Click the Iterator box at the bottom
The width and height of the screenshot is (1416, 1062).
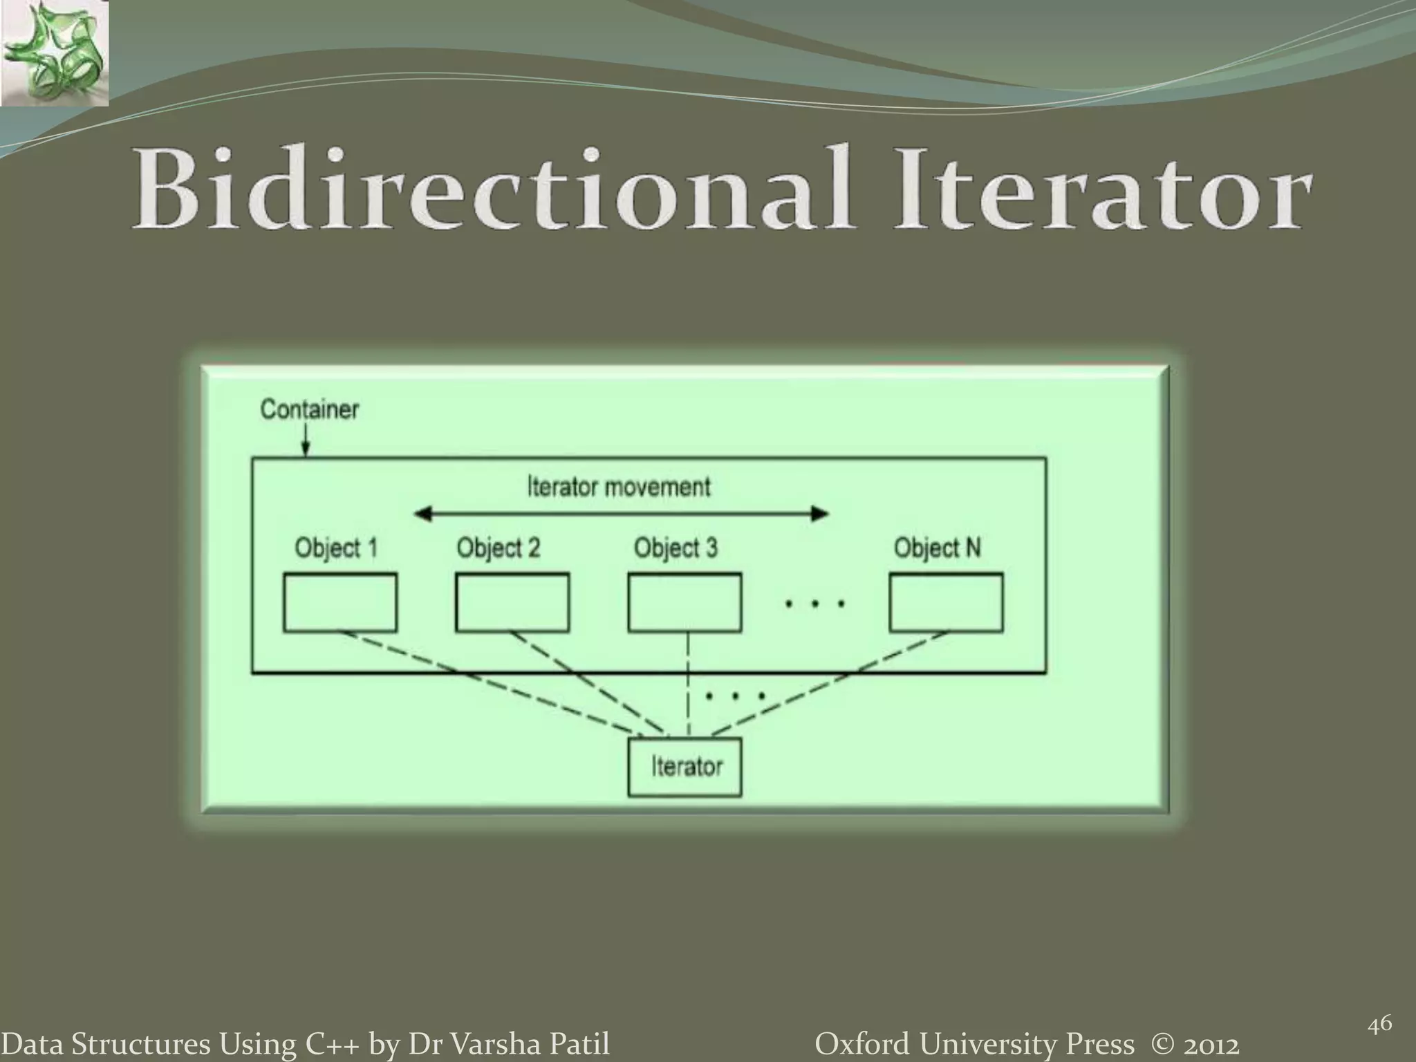click(684, 767)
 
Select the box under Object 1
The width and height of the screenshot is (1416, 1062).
click(340, 602)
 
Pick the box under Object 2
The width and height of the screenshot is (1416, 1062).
click(512, 602)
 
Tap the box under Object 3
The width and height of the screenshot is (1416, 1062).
click(684, 602)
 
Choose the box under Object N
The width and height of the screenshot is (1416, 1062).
click(946, 602)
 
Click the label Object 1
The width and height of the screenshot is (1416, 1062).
click(336, 548)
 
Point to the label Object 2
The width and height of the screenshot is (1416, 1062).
click(498, 548)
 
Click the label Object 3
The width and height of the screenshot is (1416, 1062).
click(676, 548)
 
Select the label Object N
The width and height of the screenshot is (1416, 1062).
click(937, 548)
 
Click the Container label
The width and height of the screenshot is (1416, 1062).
click(309, 409)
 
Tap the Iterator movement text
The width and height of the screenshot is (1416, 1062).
click(619, 487)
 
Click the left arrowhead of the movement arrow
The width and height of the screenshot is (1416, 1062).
click(422, 514)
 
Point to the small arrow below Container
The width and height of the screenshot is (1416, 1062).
click(306, 442)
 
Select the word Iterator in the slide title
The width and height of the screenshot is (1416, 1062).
click(1102, 189)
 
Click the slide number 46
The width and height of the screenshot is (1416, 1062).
click(1379, 1025)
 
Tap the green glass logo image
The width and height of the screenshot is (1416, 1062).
click(55, 54)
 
